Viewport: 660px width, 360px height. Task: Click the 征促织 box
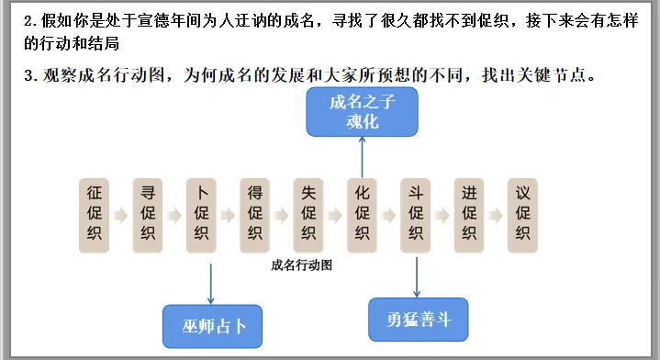(95, 215)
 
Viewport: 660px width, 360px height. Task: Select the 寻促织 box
(148, 215)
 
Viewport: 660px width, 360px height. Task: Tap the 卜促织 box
(201, 215)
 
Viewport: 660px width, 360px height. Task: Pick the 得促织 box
(254, 215)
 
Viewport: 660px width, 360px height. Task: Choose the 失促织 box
(308, 215)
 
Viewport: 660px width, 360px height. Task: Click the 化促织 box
(362, 215)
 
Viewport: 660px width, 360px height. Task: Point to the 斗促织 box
(416, 215)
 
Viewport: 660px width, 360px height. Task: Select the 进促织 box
(469, 215)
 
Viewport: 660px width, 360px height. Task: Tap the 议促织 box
(522, 215)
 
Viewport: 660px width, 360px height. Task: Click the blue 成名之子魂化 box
(362, 111)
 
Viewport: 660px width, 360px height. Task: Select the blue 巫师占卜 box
(213, 326)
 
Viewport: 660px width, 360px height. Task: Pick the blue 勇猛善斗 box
(419, 320)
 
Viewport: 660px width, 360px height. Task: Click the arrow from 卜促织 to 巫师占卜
(210, 284)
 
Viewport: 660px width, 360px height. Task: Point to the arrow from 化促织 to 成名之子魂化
(362, 157)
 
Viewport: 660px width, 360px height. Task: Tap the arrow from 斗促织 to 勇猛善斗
(417, 277)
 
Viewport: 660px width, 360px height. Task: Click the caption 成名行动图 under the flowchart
(301, 265)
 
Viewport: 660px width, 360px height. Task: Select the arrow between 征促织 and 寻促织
(121, 216)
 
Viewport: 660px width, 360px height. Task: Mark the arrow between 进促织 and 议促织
(496, 216)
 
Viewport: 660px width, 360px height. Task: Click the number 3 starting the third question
(28, 75)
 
